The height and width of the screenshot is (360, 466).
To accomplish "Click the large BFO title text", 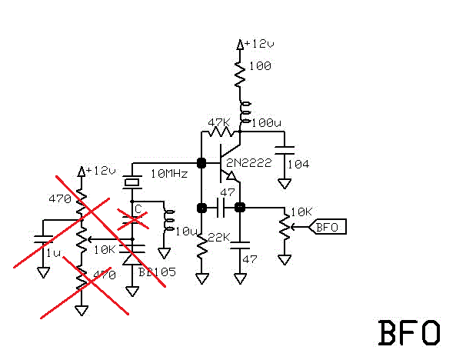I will click(x=409, y=332).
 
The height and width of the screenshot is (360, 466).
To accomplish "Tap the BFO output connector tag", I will click(x=328, y=226).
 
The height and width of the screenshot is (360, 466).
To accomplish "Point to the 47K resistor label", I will click(x=219, y=123).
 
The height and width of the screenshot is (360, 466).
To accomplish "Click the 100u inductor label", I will click(x=267, y=123).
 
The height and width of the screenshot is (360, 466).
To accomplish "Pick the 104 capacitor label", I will click(x=297, y=164).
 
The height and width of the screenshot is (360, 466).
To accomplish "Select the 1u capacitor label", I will click(x=53, y=253).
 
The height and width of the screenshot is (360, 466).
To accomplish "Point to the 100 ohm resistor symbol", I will click(x=241, y=75).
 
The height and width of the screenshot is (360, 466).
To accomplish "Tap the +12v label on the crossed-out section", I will click(x=101, y=170).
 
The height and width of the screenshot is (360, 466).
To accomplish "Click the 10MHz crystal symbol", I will click(x=133, y=182).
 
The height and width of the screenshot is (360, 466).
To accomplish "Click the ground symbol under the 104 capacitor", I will click(x=285, y=184).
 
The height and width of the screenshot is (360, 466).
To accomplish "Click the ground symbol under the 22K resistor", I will click(x=202, y=278).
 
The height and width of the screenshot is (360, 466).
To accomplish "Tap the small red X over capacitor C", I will click(x=132, y=218).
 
